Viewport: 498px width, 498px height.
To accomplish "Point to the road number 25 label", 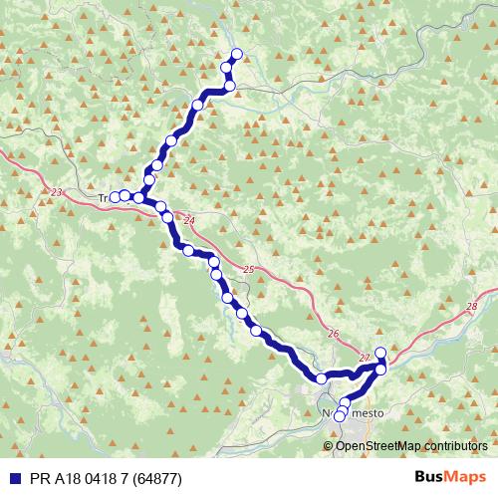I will [x=248, y=270].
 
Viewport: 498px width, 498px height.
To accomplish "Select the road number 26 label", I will [x=333, y=335].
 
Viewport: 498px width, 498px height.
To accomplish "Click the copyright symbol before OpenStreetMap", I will [x=329, y=446].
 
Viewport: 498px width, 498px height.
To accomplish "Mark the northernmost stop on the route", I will [x=236, y=54].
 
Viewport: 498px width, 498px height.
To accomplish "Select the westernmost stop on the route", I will [x=115, y=197].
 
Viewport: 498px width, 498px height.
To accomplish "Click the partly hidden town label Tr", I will [x=104, y=197].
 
